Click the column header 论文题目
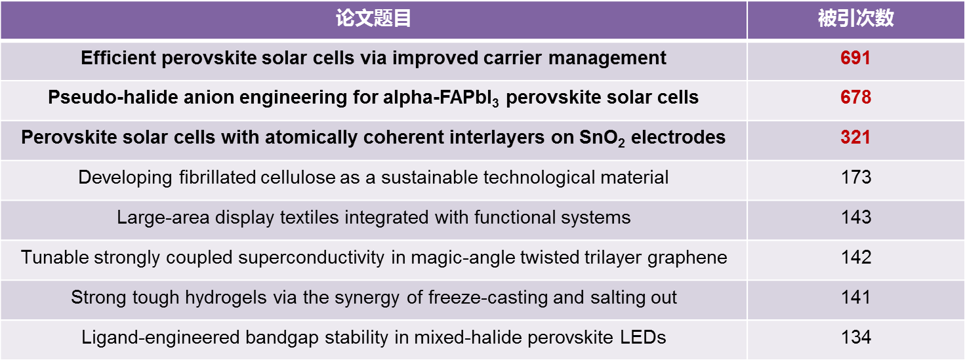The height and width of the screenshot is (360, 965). pos(373,18)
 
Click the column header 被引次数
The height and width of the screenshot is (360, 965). pos(855,18)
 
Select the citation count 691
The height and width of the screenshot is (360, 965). pos(855,58)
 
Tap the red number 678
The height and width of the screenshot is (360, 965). pos(855,97)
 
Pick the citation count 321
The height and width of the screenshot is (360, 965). pos(855,137)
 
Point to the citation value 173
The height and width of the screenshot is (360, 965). pos(856,178)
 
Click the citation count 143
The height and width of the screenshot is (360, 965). pos(856,217)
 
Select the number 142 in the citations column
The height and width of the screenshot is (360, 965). pos(856,257)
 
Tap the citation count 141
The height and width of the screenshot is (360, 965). pos(855,297)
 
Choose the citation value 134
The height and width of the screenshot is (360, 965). pos(856,337)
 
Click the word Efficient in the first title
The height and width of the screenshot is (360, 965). pos(119,58)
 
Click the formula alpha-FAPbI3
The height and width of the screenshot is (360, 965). pos(441,98)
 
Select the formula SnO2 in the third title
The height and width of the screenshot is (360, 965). pos(602,138)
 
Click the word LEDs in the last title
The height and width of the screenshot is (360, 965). pos(643,337)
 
